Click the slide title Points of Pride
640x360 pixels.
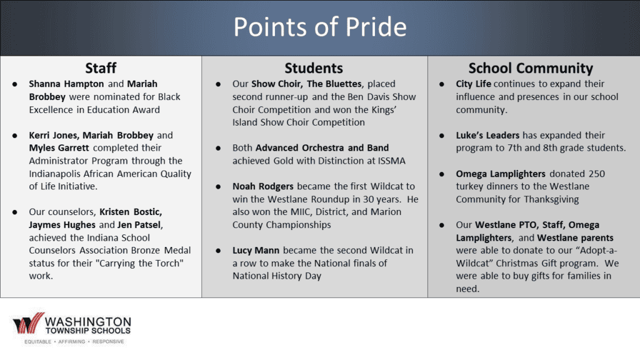point(319,27)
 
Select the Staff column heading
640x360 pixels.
point(101,67)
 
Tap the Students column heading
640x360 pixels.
point(314,67)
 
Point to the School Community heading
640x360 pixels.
point(530,67)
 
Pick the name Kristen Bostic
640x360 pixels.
point(131,212)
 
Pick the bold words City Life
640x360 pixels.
point(473,84)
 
